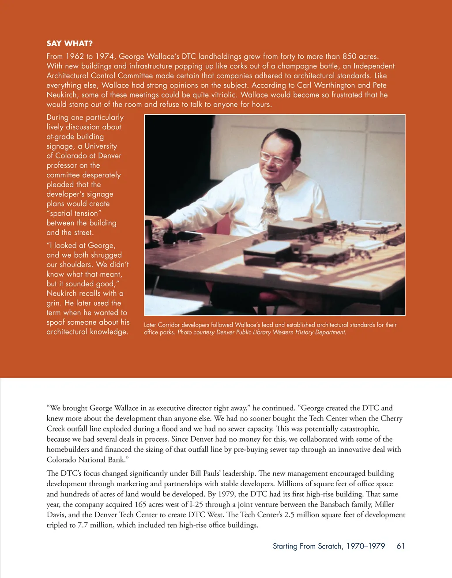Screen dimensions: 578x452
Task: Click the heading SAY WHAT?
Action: tap(69, 43)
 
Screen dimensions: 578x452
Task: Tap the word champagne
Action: tap(300, 66)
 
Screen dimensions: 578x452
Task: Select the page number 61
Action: tap(401, 546)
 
